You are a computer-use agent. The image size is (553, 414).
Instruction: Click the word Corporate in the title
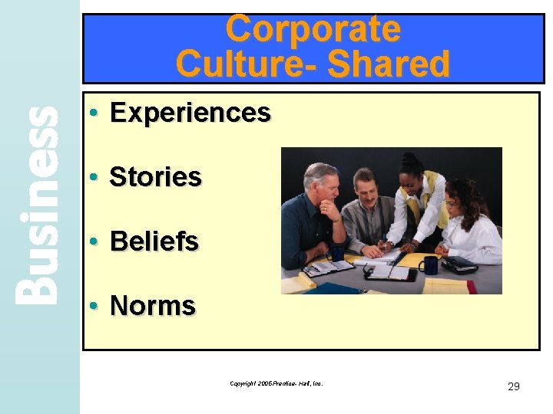313,29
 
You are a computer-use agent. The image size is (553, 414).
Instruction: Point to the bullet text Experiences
190,113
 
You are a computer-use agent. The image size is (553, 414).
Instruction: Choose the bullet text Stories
155,177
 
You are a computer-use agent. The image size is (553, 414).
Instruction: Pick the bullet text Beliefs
154,242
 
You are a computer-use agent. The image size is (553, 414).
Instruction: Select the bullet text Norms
153,306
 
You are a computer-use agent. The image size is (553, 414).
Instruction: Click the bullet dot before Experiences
91,113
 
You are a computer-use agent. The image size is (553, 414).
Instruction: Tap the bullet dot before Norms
91,306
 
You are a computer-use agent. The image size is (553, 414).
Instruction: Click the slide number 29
514,386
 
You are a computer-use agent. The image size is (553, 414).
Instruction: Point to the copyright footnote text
276,382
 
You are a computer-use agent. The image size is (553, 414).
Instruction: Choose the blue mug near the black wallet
429,265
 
